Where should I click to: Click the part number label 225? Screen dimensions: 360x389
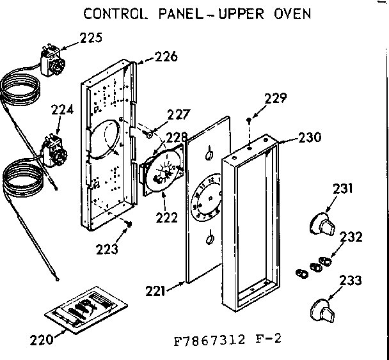[90, 38]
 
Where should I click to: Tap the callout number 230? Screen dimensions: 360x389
[310, 137]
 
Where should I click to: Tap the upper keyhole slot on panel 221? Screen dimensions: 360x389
[209, 153]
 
